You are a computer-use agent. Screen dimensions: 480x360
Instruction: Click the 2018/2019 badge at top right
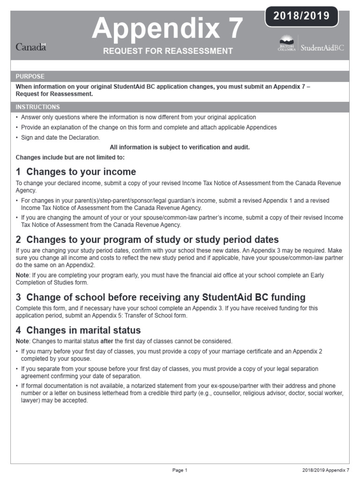(x=301, y=16)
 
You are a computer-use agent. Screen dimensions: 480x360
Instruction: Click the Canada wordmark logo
(x=31, y=47)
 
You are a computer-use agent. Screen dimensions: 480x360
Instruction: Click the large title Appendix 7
(x=168, y=28)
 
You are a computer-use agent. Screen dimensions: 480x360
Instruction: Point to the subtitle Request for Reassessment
(x=168, y=51)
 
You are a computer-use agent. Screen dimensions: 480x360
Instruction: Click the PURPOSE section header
(x=30, y=76)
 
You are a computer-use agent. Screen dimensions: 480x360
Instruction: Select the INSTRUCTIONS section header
(x=38, y=107)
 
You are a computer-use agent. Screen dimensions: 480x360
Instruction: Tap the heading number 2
(x=19, y=240)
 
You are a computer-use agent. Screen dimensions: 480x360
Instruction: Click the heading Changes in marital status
(x=78, y=330)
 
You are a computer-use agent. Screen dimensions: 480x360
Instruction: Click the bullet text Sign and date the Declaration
(x=60, y=137)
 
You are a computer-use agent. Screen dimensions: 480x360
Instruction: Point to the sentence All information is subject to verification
(x=180, y=147)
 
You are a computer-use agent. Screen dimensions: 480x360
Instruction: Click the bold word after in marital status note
(x=107, y=341)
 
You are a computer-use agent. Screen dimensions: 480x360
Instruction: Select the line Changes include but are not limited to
(x=70, y=157)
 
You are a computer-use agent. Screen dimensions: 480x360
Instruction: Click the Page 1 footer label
(x=180, y=470)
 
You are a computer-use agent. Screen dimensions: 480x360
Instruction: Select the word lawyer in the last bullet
(x=25, y=401)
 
